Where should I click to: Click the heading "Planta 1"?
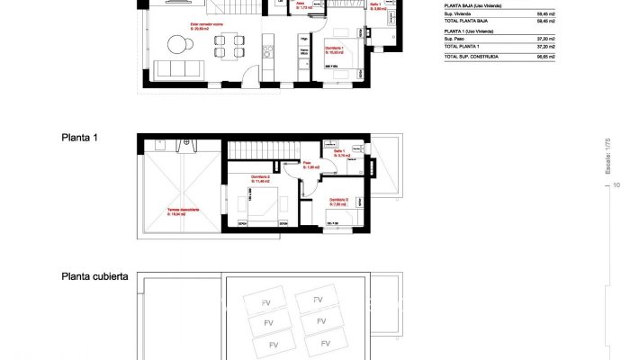[x=79, y=139]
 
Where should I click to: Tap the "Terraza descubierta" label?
[x=183, y=211]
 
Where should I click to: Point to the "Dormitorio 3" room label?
[x=339, y=200]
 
